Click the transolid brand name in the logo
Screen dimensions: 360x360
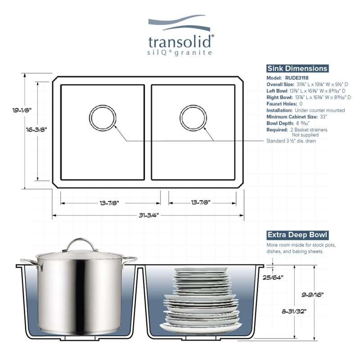click(x=181, y=42)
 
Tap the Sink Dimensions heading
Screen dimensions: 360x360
click(x=297, y=68)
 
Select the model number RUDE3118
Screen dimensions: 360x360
click(x=297, y=78)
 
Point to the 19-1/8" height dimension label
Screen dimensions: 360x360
click(x=22, y=110)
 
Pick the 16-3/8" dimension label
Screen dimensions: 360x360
click(x=36, y=130)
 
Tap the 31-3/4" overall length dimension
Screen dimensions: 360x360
click(x=149, y=216)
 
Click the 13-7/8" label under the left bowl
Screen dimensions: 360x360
click(x=109, y=203)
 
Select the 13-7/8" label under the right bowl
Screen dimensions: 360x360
click(x=201, y=202)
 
